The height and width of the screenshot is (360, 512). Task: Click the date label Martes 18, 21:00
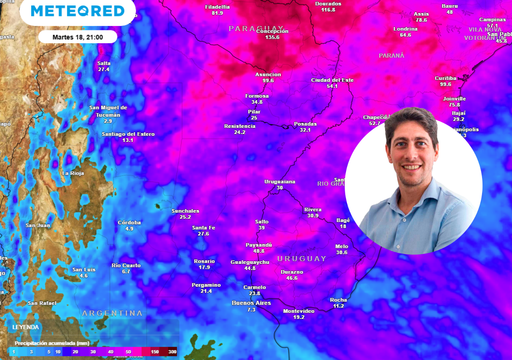(x=85, y=36)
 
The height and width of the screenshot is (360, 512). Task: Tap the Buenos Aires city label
(x=251, y=302)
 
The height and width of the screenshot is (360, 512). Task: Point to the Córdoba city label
(x=129, y=222)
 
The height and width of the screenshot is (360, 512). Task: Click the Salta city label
(x=104, y=63)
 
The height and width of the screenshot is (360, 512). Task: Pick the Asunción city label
(x=267, y=74)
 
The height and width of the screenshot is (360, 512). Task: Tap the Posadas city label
(x=305, y=123)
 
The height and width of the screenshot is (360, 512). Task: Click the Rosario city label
(x=204, y=260)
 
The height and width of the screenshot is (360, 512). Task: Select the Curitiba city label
(x=445, y=77)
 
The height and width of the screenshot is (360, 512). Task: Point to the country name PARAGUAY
(x=256, y=29)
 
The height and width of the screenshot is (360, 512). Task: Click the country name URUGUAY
(x=300, y=258)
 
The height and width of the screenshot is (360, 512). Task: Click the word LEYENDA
(x=26, y=327)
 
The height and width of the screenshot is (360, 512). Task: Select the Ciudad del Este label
(x=332, y=79)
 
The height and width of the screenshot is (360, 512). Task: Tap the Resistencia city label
(x=240, y=126)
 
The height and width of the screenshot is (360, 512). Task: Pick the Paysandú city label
(x=259, y=244)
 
